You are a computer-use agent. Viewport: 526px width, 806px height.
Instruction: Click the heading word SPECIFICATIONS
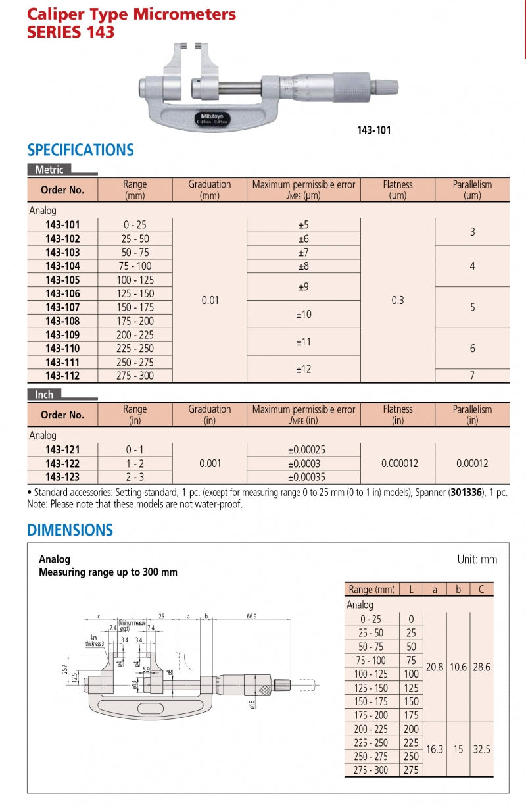[80, 150]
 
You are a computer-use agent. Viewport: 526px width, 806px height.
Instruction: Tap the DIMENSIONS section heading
[70, 530]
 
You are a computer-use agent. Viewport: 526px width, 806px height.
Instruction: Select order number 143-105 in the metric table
[62, 280]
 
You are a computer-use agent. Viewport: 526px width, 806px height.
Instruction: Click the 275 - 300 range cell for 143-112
[135, 376]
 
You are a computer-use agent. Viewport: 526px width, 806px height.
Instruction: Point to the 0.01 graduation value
[210, 301]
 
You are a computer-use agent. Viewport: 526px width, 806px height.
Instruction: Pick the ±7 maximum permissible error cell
[303, 253]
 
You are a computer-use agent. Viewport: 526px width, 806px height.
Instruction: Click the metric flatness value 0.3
[398, 301]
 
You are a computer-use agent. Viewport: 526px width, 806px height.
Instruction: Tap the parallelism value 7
[472, 376]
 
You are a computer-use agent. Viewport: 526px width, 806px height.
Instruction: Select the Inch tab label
[45, 395]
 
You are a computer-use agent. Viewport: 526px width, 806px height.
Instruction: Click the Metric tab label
[49, 170]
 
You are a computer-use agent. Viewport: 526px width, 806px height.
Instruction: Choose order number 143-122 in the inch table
[62, 463]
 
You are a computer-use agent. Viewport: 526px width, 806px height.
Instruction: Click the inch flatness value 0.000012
[398, 463]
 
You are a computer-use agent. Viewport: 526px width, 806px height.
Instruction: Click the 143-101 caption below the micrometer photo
[373, 130]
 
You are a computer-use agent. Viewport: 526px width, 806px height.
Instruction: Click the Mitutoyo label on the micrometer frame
[210, 116]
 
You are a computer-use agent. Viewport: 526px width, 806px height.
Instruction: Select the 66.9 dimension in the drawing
[251, 617]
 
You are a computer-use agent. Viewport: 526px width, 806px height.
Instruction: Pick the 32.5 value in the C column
[482, 749]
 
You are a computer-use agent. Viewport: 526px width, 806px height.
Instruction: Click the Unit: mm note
[477, 560]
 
